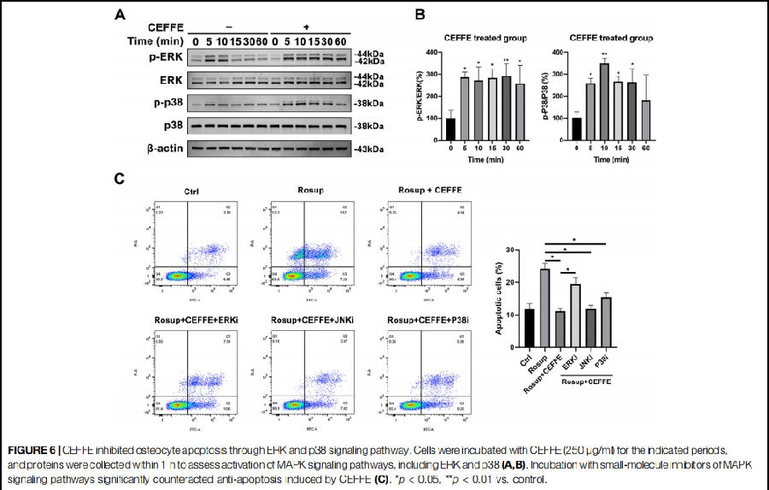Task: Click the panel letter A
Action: pos(121,15)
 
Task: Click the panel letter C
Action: pos(120,180)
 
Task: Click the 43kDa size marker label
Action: pos(369,150)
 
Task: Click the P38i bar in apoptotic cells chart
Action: pos(605,322)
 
